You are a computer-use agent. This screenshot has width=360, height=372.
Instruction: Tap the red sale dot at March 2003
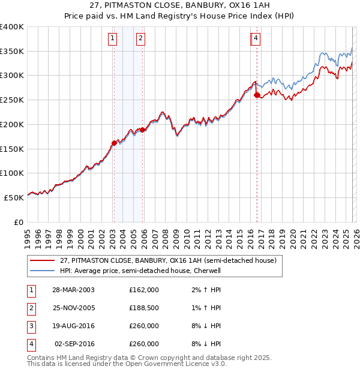coord(114,143)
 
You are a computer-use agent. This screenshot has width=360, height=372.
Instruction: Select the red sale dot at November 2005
coord(143,130)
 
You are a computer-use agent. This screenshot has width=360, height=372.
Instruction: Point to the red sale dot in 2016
coord(257,95)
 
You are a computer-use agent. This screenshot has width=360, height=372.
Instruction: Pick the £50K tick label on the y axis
coord(14,197)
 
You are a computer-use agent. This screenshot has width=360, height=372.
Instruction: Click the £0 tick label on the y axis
coord(19,221)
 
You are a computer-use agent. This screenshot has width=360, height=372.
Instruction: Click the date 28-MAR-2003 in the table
coord(73,289)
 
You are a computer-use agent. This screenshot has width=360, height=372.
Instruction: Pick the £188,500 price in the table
coord(144,308)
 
